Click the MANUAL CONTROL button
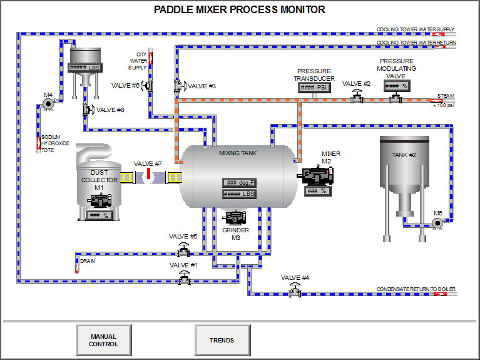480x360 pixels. pyautogui.click(x=104, y=341)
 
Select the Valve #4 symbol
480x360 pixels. pyautogui.click(x=294, y=291)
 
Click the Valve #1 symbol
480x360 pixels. pyautogui.click(x=183, y=279)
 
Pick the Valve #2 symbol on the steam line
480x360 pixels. pyautogui.click(x=357, y=96)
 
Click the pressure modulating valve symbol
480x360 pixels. pyautogui.click(x=396, y=97)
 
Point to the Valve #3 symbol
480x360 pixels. pyautogui.click(x=178, y=85)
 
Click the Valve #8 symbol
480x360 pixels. pyautogui.click(x=86, y=110)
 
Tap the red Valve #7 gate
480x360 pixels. pyautogui.click(x=148, y=173)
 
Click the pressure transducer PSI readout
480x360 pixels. pyautogui.click(x=315, y=88)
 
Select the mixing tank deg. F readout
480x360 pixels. pyautogui.click(x=238, y=183)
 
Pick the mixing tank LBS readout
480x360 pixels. pyautogui.click(x=238, y=194)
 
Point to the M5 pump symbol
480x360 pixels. pyautogui.click(x=437, y=222)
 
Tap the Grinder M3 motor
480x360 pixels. pyautogui.click(x=235, y=218)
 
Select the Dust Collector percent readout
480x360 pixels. pyautogui.click(x=98, y=215)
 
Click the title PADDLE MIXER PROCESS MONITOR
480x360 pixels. pyautogui.click(x=240, y=9)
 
